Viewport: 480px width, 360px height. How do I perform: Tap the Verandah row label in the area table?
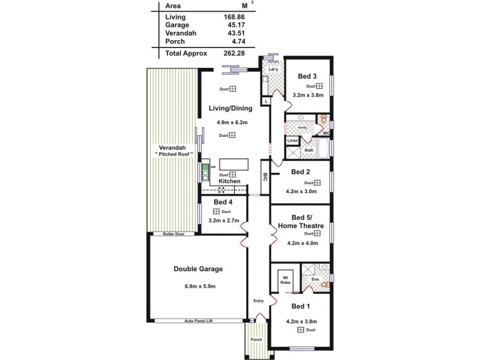pos(181,33)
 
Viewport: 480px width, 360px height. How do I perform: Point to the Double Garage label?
pos(198,269)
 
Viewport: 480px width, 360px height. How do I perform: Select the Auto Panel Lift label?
pos(199,322)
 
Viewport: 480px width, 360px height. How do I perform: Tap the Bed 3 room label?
pos(307,76)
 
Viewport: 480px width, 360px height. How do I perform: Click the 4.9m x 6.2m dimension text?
pos(231,122)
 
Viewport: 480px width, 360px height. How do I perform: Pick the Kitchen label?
pos(229,181)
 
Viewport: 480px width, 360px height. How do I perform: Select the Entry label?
pos(259,301)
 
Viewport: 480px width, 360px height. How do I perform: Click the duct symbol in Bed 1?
pos(300,330)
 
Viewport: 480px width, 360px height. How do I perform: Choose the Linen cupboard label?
pos(292,140)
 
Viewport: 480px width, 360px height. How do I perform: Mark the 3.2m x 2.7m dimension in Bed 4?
pos(223,221)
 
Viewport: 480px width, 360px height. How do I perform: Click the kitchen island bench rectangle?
pos(233,164)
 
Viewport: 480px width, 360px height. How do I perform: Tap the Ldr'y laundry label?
pos(272,70)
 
